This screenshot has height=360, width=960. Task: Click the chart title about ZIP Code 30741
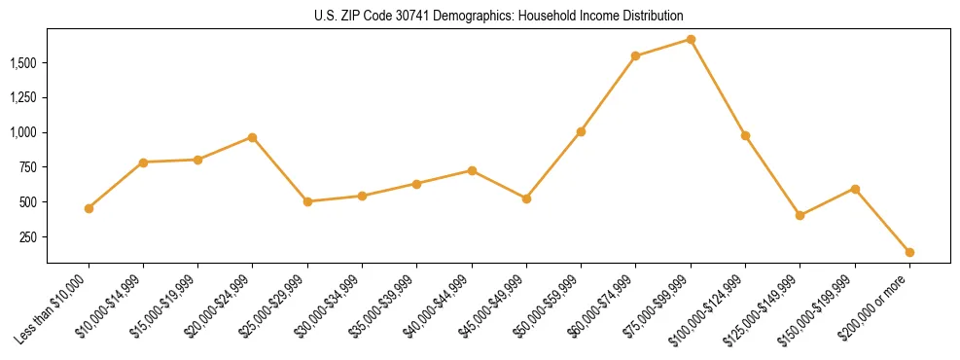coord(499,16)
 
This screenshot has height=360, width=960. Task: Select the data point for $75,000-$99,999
coord(691,40)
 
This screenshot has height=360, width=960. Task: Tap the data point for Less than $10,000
coord(89,208)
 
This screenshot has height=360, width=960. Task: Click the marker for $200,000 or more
coord(909,252)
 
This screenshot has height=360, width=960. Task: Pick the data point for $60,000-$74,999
coord(635,56)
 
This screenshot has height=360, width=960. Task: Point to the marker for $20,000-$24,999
coord(253,137)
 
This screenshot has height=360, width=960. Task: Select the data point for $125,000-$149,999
coord(800,216)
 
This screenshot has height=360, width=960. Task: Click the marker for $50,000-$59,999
coord(581,131)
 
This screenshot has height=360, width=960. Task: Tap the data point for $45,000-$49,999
coord(526,198)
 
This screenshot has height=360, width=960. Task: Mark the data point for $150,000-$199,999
coord(855,189)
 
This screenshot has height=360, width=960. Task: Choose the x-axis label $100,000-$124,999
coord(709,308)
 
